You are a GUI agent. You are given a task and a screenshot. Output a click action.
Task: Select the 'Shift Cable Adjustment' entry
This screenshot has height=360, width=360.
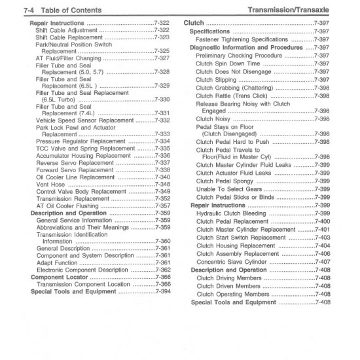click(66, 30)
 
